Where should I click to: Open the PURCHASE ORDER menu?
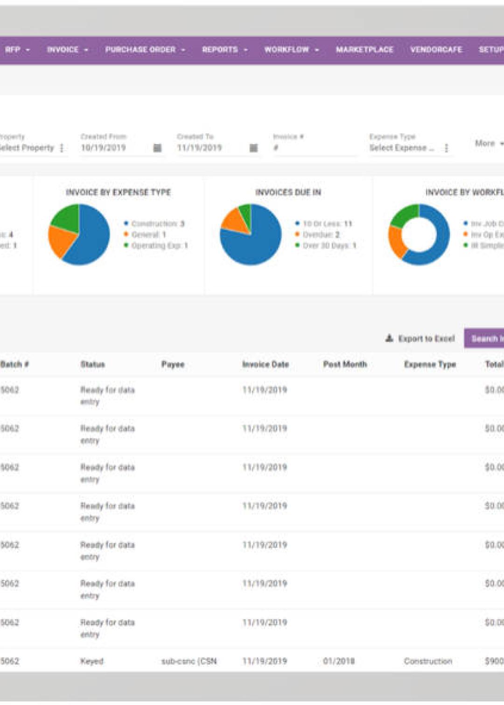145,49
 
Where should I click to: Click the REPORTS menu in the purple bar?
224,49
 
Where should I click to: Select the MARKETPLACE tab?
364,49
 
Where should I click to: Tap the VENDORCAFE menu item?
436,49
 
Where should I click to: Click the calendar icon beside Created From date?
158,148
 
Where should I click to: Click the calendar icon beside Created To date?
253,148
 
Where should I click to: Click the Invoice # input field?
315,148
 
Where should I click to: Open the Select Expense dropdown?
408,148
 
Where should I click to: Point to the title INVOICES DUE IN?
288,192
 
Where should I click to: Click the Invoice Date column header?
265,364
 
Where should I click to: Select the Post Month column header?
345,364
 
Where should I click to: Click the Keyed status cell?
92,661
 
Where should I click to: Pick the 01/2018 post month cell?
338,661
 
